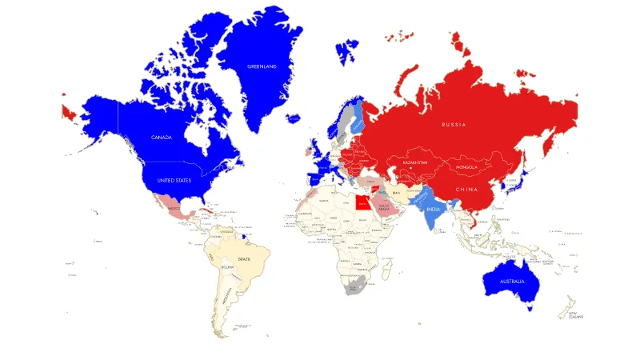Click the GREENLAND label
tap(262, 66)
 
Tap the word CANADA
tap(162, 137)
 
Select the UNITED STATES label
tap(174, 181)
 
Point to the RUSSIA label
tap(454, 125)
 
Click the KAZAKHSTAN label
tap(415, 162)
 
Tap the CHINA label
tap(467, 189)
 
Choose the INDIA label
tap(433, 209)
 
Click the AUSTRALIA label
tap(512, 282)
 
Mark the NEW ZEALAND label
tap(570, 314)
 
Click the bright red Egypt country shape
tap(363, 202)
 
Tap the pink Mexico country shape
tap(173, 208)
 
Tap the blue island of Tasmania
tap(529, 309)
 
